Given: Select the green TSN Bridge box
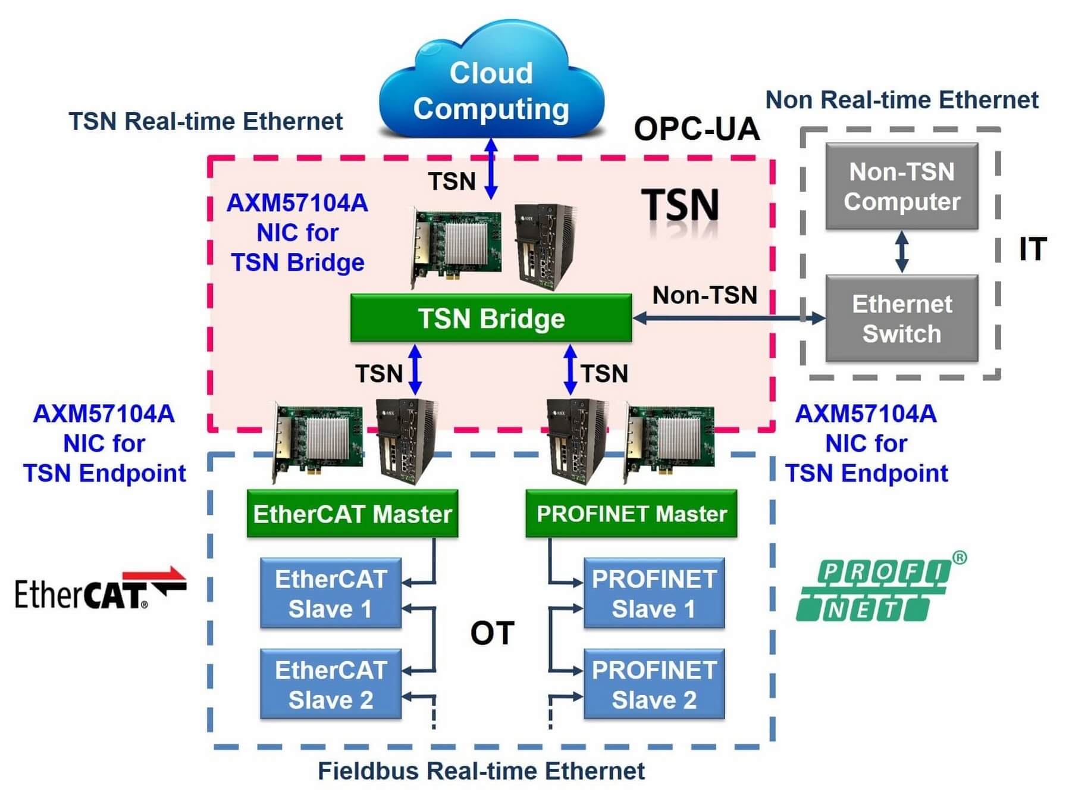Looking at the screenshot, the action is point(491,318).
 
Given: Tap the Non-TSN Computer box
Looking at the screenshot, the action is point(901,186).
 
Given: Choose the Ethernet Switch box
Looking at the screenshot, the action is point(901,318).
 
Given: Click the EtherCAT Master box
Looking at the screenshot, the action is point(352,514).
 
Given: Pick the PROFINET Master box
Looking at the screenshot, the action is point(631,514).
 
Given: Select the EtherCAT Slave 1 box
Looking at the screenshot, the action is point(331,593).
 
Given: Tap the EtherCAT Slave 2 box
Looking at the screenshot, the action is point(331,684).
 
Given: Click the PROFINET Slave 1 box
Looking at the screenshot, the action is point(654,593).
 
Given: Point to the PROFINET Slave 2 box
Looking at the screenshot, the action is point(654,684).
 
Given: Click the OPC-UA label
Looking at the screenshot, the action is point(697,129).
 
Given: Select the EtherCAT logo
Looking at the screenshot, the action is point(100,589).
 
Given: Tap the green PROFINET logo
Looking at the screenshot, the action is point(880,587).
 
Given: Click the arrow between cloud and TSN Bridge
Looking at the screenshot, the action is point(491,168).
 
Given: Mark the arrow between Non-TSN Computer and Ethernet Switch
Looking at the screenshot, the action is point(902,252).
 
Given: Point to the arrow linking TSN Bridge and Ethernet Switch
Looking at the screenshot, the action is point(729,318).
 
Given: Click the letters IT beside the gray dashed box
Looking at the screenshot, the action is point(1032,249).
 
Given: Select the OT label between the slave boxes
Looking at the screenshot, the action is point(492,633).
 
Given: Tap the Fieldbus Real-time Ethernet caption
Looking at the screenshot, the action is point(481,771).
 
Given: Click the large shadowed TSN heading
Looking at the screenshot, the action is point(680,205).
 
